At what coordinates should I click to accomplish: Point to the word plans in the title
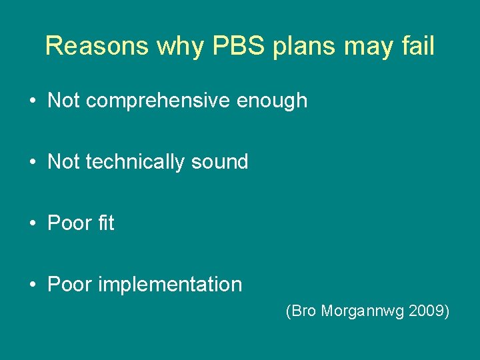(297, 47)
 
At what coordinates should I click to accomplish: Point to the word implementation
(170, 285)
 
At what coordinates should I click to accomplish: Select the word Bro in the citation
(301, 311)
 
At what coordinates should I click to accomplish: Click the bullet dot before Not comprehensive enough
(32, 101)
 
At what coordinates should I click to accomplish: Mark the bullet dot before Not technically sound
(32, 163)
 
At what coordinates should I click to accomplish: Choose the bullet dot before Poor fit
(32, 224)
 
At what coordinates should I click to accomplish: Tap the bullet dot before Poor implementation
(32, 285)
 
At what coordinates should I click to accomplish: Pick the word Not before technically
(64, 162)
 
